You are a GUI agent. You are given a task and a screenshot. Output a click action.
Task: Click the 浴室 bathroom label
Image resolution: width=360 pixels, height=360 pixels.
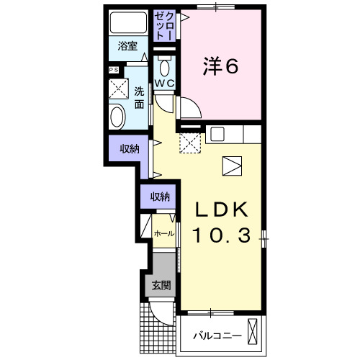[128, 47]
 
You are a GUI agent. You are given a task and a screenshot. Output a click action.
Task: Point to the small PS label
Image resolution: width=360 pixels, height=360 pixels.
[112, 70]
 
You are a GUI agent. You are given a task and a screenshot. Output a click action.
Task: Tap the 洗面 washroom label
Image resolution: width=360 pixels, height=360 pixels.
[139, 97]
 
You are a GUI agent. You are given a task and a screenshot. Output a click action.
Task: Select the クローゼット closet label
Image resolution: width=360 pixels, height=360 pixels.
[164, 27]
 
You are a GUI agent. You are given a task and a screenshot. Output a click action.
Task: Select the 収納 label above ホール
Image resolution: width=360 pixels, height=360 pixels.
[161, 196]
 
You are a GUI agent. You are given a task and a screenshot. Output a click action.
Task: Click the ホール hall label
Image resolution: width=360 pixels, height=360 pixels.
[163, 234]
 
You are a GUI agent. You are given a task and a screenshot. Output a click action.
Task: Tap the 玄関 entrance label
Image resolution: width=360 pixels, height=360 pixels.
[161, 285]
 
